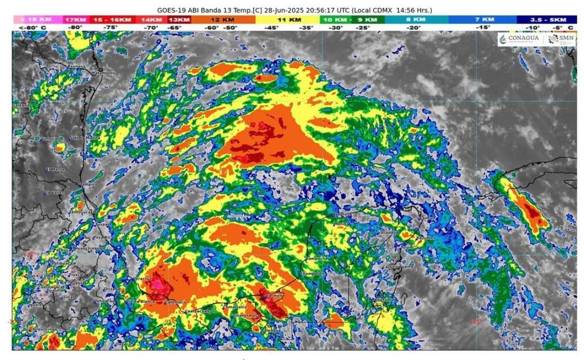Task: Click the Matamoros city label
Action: pos(103,72)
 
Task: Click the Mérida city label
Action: pos(341,223)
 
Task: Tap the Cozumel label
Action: pos(425,237)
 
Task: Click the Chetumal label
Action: pos(385,299)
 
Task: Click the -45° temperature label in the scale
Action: pos(268,27)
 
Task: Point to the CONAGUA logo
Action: pos(519,39)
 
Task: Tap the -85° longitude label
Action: pos(476,322)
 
